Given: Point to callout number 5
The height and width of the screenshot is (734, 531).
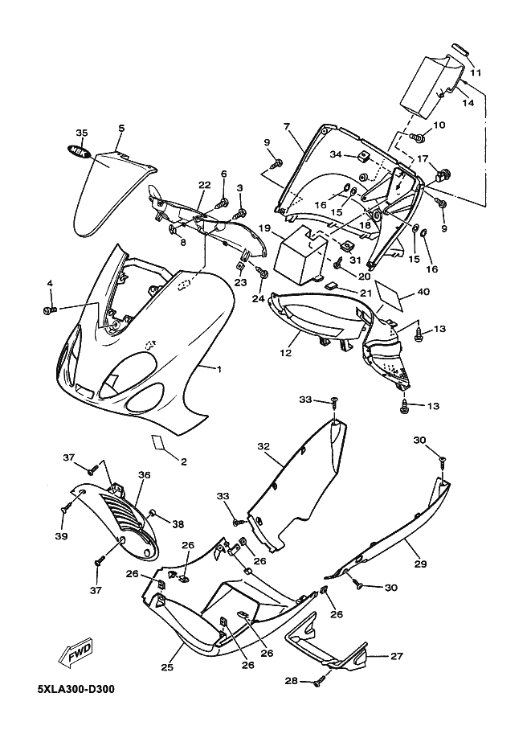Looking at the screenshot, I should [121, 129].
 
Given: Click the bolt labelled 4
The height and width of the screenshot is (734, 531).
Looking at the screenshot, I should [50, 310].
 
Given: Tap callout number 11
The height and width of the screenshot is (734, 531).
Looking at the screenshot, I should [476, 73].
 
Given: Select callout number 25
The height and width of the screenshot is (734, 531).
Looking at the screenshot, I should [167, 666].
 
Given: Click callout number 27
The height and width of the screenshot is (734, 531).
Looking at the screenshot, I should [396, 656].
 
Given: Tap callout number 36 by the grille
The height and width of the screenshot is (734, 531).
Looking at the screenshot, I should [144, 476].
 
